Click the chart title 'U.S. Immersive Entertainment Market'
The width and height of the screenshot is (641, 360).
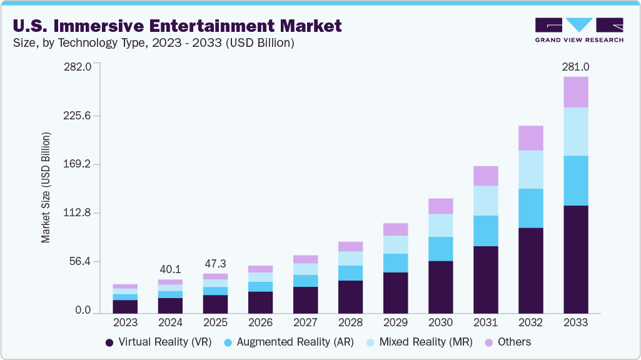click(x=177, y=26)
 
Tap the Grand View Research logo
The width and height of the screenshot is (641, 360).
click(x=578, y=30)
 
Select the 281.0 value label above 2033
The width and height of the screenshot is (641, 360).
click(x=575, y=67)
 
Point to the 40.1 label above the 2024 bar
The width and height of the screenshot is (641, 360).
click(x=170, y=269)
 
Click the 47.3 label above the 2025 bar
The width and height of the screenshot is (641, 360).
click(x=215, y=263)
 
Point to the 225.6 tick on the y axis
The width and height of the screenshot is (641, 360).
click(x=78, y=116)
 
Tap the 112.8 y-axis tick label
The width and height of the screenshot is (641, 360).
click(x=78, y=213)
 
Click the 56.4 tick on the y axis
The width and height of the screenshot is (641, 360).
click(x=80, y=261)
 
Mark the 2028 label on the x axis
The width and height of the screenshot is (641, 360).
click(x=350, y=322)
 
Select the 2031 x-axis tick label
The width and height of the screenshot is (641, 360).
click(x=485, y=322)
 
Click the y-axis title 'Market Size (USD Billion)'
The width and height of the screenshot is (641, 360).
click(x=46, y=187)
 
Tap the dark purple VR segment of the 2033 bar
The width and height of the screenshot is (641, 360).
click(x=575, y=259)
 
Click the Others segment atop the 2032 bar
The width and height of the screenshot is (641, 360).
click(x=530, y=138)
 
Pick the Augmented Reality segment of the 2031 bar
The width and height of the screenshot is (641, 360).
click(x=485, y=231)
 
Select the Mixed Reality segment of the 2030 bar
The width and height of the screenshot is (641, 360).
click(x=440, y=225)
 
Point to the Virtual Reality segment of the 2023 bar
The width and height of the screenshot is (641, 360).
click(x=125, y=306)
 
